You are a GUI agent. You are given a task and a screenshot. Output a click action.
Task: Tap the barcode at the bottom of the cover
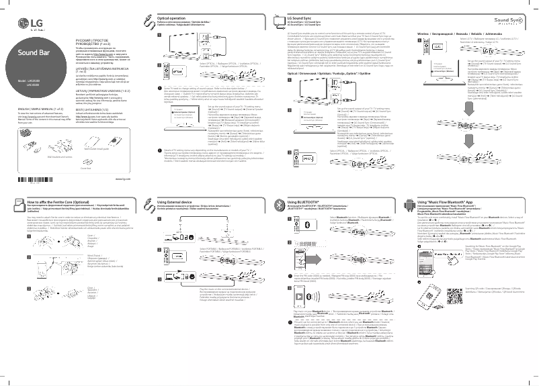tap(48, 179)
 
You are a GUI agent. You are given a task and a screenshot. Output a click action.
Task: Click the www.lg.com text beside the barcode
tap(122, 179)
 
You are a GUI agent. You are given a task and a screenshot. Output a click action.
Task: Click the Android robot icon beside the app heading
tap(411, 203)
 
